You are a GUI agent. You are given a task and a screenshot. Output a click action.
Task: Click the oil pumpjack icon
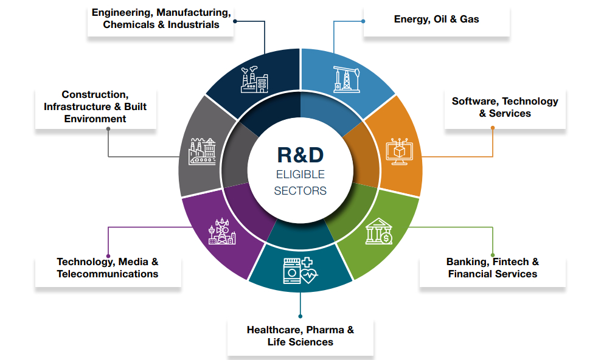[x=346, y=79]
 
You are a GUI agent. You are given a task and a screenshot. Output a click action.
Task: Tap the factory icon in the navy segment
[x=255, y=79]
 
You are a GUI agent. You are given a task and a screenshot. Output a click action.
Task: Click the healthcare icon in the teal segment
[x=300, y=271]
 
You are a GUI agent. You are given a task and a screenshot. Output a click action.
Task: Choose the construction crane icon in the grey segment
[x=203, y=151]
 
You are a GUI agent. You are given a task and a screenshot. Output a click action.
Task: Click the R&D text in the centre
[x=300, y=154]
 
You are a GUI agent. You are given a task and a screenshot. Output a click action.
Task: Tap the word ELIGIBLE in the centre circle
[x=300, y=175]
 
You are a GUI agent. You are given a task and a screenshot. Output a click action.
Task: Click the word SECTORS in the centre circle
[x=300, y=191]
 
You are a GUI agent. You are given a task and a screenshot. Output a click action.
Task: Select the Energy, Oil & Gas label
[x=436, y=19]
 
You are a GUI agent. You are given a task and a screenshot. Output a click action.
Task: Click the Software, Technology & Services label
[x=505, y=108]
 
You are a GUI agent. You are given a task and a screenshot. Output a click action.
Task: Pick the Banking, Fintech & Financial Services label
[x=493, y=268]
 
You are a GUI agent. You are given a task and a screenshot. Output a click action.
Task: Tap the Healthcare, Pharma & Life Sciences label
[x=300, y=336]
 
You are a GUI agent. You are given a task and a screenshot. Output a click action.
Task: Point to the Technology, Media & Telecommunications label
[x=108, y=268]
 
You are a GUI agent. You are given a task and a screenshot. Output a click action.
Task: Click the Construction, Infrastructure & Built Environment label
[x=96, y=107]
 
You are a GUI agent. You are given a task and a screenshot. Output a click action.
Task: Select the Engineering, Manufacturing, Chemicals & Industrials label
[x=161, y=19]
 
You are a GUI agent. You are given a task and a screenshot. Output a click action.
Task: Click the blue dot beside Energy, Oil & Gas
[x=363, y=21]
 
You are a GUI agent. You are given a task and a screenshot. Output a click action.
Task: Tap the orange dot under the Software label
[x=493, y=128]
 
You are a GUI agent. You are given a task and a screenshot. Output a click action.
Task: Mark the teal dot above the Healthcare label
[x=300, y=316]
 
